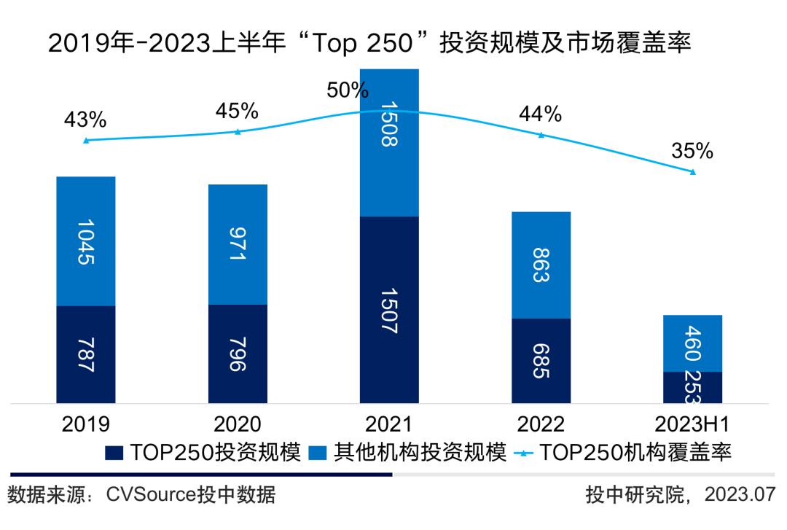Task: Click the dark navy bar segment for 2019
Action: pyautogui.click(x=86, y=354)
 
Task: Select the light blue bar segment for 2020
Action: pyautogui.click(x=238, y=244)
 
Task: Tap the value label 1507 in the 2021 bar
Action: pyautogui.click(x=389, y=310)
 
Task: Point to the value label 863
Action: pyautogui.click(x=541, y=265)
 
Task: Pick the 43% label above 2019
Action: pyautogui.click(x=86, y=118)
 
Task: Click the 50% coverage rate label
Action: pyautogui.click(x=348, y=90)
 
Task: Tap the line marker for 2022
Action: pyautogui.click(x=541, y=135)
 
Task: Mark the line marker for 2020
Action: pyautogui.click(x=238, y=131)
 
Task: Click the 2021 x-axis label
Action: pyautogui.click(x=389, y=425)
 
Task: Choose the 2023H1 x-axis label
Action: pyautogui.click(x=693, y=425)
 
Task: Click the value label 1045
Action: pyautogui.click(x=86, y=241)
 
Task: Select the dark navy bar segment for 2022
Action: pyautogui.click(x=541, y=360)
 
